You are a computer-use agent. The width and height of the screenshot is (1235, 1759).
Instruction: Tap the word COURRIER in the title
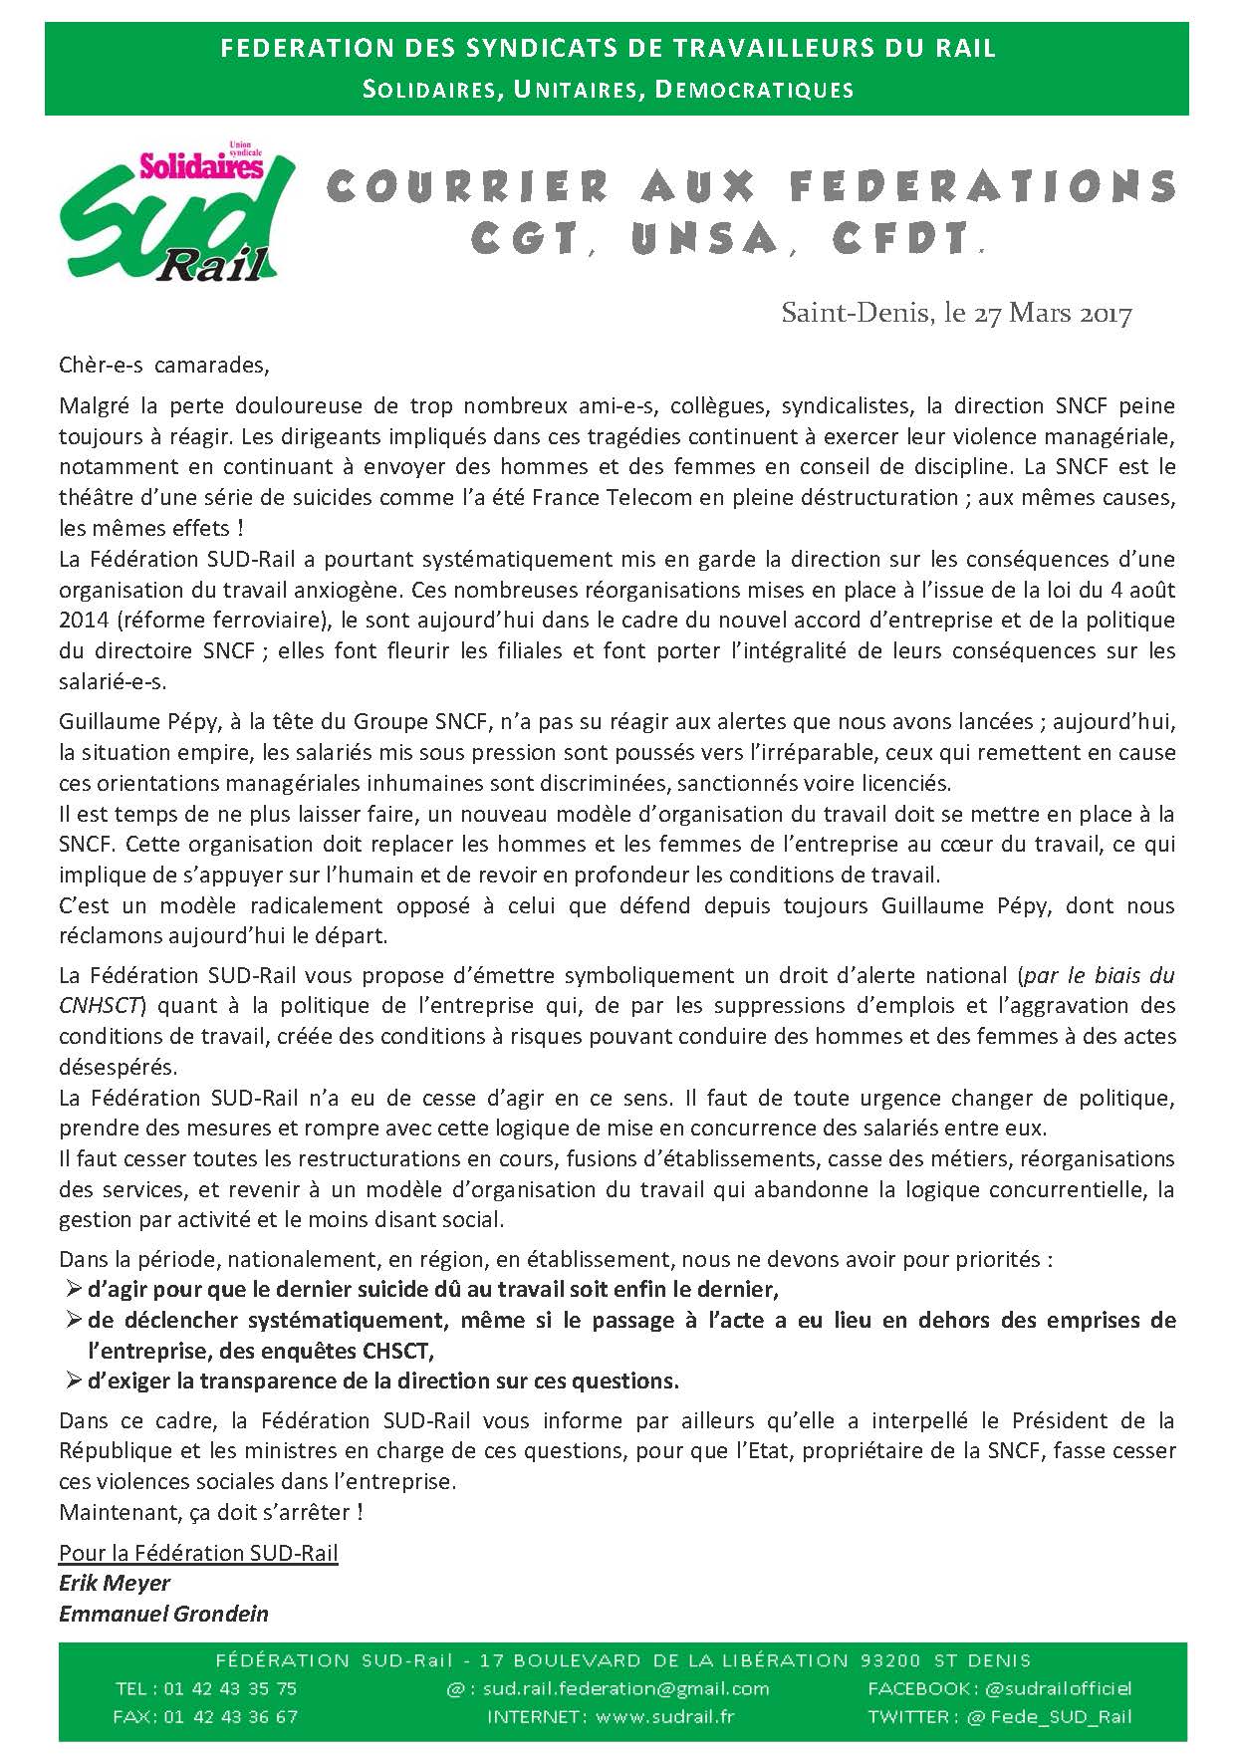pos(468,186)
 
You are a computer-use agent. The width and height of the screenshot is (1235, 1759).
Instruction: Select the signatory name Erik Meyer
pos(115,1583)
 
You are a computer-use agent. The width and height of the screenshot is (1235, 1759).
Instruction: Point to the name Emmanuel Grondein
pos(163,1614)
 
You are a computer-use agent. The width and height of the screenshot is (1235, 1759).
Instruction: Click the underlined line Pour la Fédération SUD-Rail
pos(198,1553)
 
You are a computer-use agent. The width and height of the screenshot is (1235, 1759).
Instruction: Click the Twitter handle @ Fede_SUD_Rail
pos(1058,1716)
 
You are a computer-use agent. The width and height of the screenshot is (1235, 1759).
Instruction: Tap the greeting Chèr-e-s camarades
pos(164,365)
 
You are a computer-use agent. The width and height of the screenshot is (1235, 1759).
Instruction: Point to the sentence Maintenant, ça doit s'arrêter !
pos(211,1512)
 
